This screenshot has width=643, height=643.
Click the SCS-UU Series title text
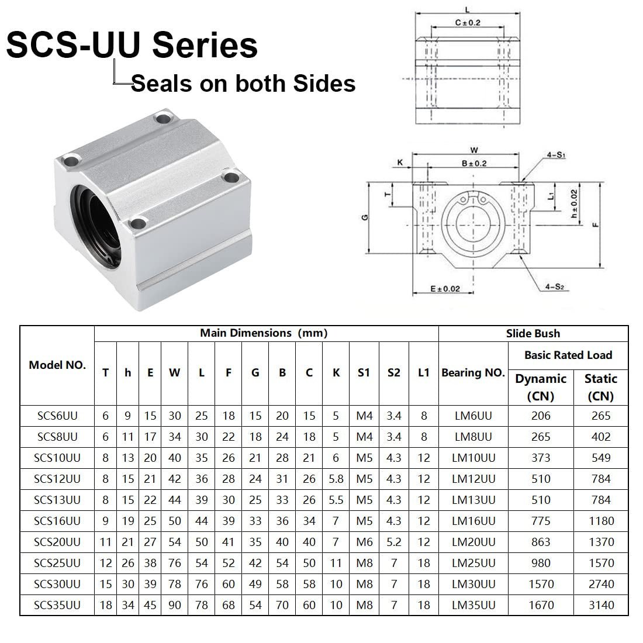pos(132,45)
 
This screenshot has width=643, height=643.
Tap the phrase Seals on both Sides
pos(243,84)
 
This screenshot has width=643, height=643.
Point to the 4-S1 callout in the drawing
pos(556,155)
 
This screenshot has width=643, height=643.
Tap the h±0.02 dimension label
pos(575,205)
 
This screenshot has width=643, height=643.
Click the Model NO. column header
pos(57,365)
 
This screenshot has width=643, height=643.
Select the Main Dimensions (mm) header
pos(264,333)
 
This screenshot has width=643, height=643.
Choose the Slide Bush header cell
pos(533,334)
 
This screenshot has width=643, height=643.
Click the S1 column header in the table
pos(364,373)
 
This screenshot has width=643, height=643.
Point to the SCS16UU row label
pos(57,521)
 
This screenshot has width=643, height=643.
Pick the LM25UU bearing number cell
pos(473,563)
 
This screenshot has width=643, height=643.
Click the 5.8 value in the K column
pos(336,479)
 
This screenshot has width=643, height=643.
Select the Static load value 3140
pos(600,605)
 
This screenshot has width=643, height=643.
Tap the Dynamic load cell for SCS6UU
pos(541,416)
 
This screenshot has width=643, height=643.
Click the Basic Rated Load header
pos(568,355)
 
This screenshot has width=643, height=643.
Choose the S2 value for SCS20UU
pos(393,542)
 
